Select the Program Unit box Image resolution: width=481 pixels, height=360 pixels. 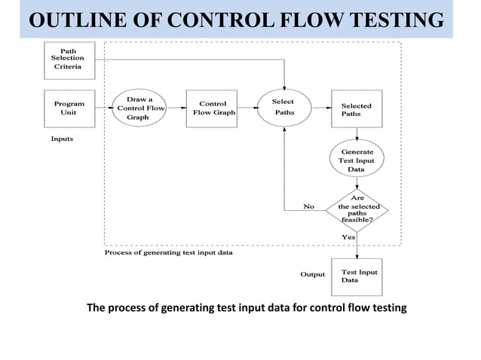[68, 108]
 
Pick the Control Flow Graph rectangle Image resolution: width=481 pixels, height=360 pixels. [212, 108]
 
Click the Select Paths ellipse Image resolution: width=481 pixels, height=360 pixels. [283, 108]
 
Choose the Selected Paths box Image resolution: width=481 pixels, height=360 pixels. [357, 108]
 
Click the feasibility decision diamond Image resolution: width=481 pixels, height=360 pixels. [357, 209]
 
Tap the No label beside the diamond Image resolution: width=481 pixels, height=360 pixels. [308, 206]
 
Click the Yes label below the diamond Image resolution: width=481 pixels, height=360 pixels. [349, 237]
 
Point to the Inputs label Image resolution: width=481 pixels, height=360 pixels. [62, 139]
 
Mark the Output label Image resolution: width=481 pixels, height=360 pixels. [313, 275]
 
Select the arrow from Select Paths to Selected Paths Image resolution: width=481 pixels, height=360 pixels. [320, 108]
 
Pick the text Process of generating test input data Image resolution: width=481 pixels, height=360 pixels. [168, 253]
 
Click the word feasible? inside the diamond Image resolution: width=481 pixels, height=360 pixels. [357, 219]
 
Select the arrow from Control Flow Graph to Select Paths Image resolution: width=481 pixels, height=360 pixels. [247, 108]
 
